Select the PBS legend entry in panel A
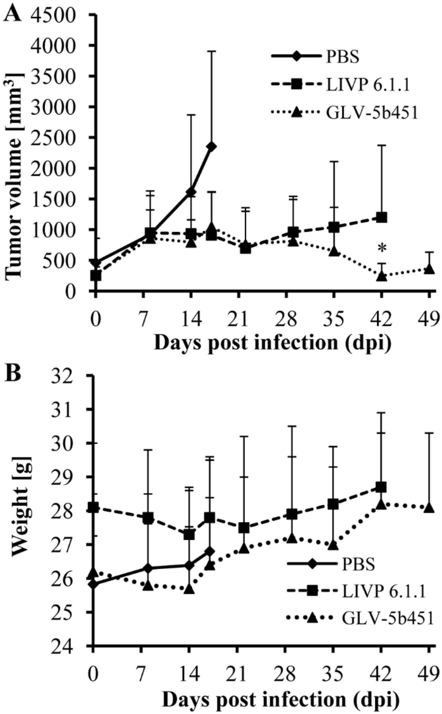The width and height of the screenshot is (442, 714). tap(343, 57)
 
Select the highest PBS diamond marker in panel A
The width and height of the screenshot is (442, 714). tap(211, 147)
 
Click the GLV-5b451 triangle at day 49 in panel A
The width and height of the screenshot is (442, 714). tap(429, 269)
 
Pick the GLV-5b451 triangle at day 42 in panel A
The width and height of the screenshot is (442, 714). tap(382, 276)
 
